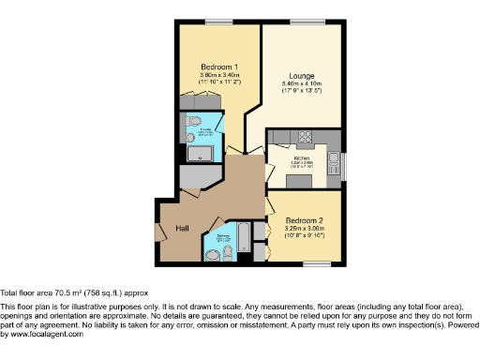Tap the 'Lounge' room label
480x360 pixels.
[x=301, y=76]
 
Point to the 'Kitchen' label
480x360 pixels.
[x=301, y=158]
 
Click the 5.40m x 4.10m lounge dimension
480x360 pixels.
[x=301, y=85]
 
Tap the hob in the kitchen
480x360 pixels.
[x=304, y=138]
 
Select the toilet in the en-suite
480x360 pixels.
[x=194, y=122]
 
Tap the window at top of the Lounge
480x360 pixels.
[x=302, y=22]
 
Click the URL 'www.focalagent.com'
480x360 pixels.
[x=41, y=334]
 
